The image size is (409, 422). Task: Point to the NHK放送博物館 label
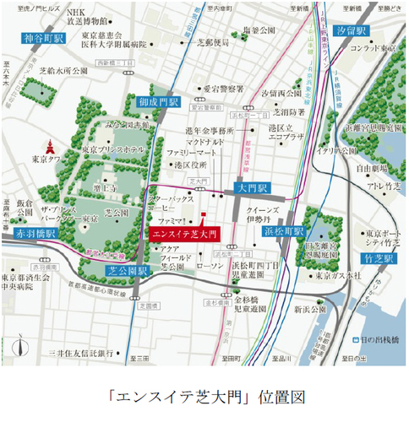pyautogui.click(x=85, y=16)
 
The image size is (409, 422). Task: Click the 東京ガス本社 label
pyautogui.click(x=337, y=275)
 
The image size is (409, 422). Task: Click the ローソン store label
pyautogui.click(x=208, y=267)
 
